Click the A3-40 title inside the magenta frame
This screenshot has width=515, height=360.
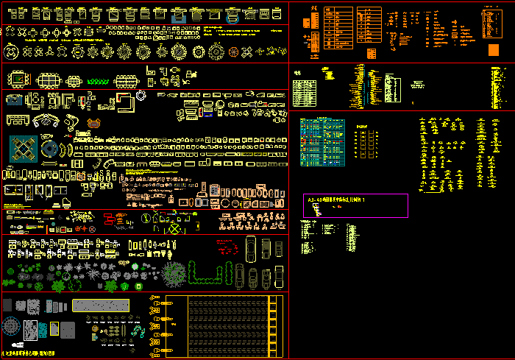(346, 200)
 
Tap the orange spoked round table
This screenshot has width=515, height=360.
(235, 52)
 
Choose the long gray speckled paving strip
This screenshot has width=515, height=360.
(102, 305)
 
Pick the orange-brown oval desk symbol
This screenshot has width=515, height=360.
(93, 124)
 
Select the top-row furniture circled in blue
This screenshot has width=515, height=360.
(178, 15)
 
